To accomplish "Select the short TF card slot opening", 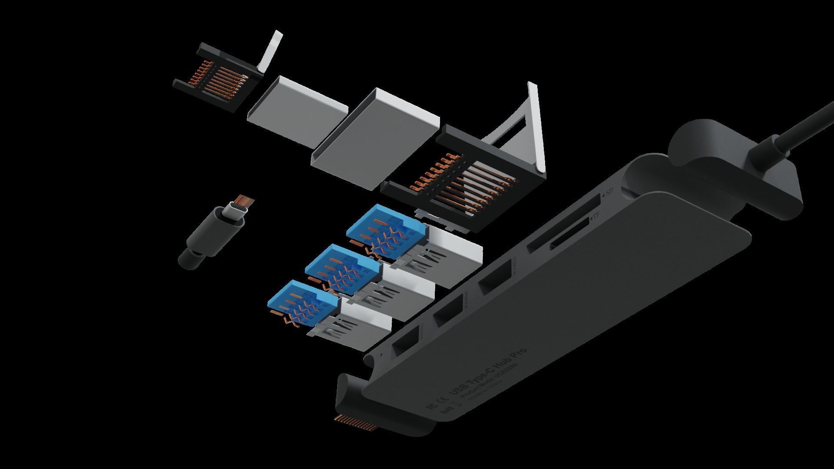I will point(569,238).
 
